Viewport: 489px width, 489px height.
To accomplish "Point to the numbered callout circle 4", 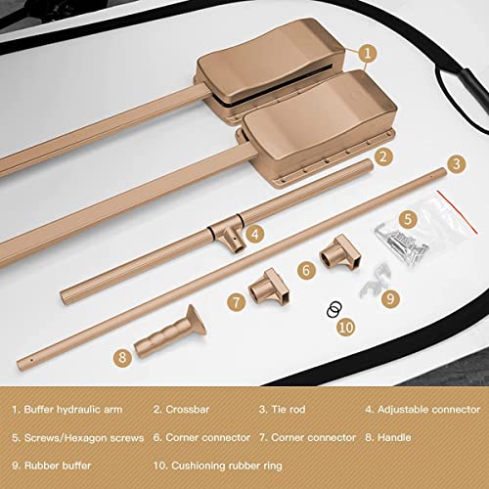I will (x=253, y=233).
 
